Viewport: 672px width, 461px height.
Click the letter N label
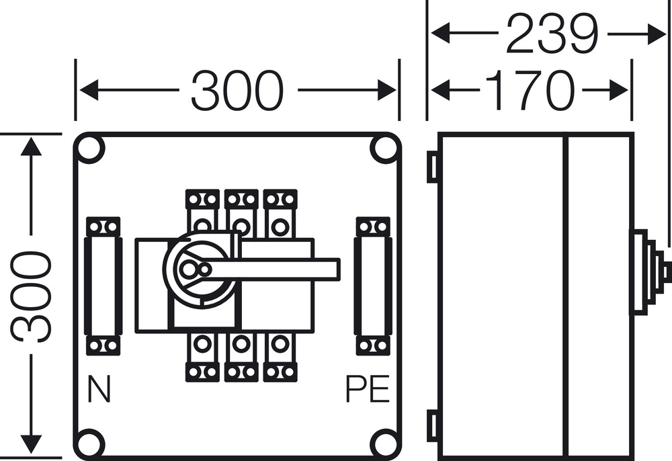click(99, 390)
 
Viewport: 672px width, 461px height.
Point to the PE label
click(368, 390)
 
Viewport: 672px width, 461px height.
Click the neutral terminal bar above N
click(103, 286)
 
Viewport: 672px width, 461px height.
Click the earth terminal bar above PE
click(373, 286)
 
